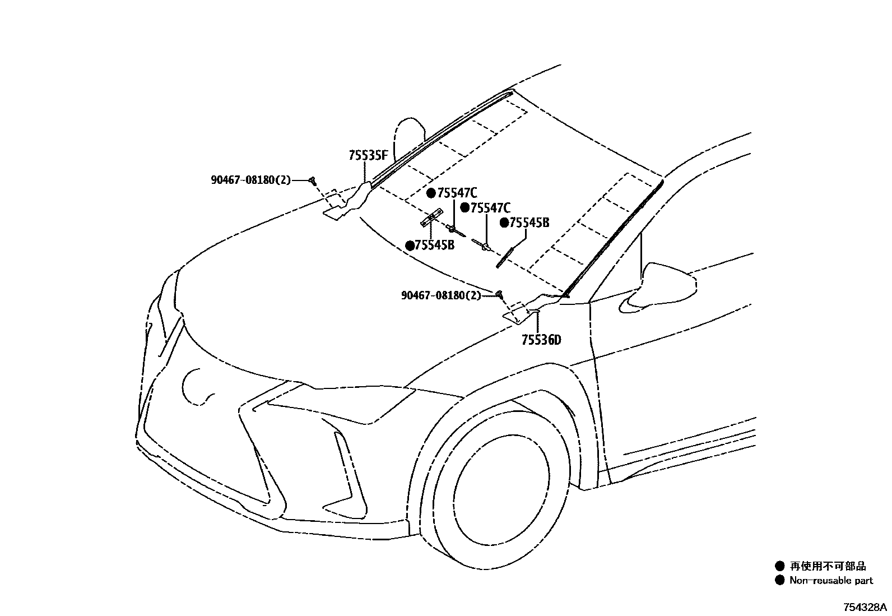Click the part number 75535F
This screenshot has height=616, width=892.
[368, 156]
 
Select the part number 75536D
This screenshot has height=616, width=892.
[541, 340]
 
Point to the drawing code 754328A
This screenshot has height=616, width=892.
[866, 608]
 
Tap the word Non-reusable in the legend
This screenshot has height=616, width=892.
[812, 581]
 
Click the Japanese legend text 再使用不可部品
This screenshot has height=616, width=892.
[828, 567]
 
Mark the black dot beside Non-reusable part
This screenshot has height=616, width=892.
[779, 581]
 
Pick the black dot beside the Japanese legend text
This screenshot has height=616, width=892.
[779, 567]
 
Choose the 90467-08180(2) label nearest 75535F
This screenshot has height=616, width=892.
[251, 180]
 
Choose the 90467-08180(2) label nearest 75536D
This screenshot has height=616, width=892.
[441, 295]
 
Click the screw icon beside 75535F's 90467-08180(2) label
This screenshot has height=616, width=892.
[313, 180]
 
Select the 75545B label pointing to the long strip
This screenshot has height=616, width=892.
[529, 223]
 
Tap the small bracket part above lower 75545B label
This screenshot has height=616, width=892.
[431, 217]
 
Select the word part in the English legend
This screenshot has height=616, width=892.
[862, 581]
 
